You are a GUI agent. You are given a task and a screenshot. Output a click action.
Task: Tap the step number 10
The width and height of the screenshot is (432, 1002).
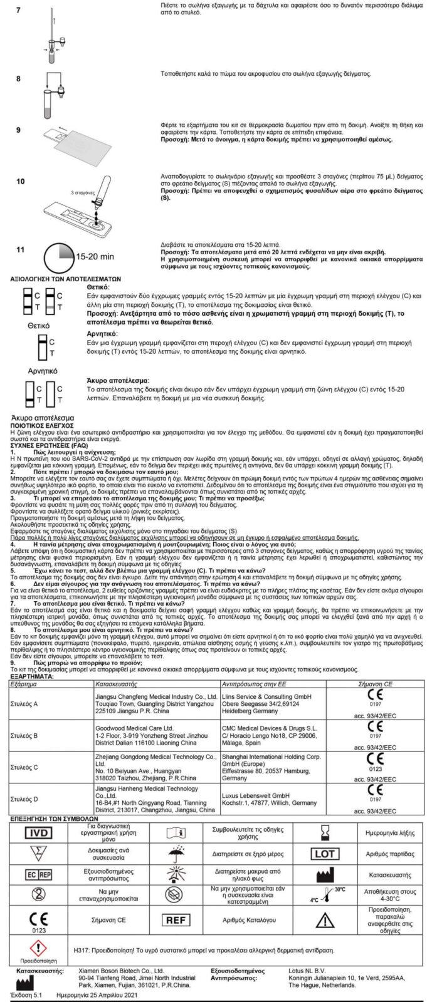point(21,181)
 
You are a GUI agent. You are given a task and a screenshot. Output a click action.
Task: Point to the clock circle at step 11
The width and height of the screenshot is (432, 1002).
point(59,256)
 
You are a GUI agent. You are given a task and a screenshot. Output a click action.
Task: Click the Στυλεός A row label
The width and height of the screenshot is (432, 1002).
point(24,703)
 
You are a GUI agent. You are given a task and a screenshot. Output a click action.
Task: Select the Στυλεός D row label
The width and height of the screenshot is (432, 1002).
point(24,799)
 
